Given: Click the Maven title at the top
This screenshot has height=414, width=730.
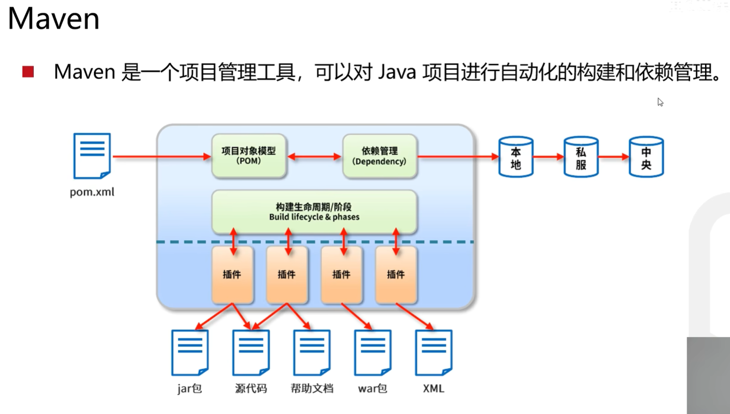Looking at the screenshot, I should point(53,19).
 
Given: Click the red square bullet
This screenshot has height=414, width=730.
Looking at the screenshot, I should point(28,72).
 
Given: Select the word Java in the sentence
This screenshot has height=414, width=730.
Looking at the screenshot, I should point(397,72).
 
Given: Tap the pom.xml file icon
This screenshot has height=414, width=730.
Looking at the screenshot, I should point(92,156).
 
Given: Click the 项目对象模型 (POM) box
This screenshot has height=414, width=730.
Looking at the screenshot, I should point(248,156).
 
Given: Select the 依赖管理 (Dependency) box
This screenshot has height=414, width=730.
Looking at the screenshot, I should point(379,156).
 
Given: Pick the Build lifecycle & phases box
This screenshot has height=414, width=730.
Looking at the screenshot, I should point(314,212).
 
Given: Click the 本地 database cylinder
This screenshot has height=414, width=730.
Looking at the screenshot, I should point(516,157).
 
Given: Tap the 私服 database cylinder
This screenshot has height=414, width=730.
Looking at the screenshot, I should point(581,157).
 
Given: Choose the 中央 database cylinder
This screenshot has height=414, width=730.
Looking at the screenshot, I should point(646,157).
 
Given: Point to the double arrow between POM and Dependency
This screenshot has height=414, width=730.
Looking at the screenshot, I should point(314,156).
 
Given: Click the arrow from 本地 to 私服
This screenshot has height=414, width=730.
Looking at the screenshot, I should point(548,157).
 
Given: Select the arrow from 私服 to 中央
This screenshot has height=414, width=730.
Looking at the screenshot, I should point(613,157).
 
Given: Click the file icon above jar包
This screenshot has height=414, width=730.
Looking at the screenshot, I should point(190,352).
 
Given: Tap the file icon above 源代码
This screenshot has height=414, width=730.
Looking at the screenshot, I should point(251,352).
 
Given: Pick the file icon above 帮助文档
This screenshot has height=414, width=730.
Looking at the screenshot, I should point(312,352).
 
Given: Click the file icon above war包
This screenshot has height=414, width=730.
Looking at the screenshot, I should point(373,352).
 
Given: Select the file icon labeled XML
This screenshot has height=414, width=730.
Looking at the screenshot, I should point(434,352).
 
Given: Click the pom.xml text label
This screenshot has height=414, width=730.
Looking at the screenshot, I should point(92,192).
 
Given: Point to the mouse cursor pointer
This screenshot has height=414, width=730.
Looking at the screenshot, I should point(660,102).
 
